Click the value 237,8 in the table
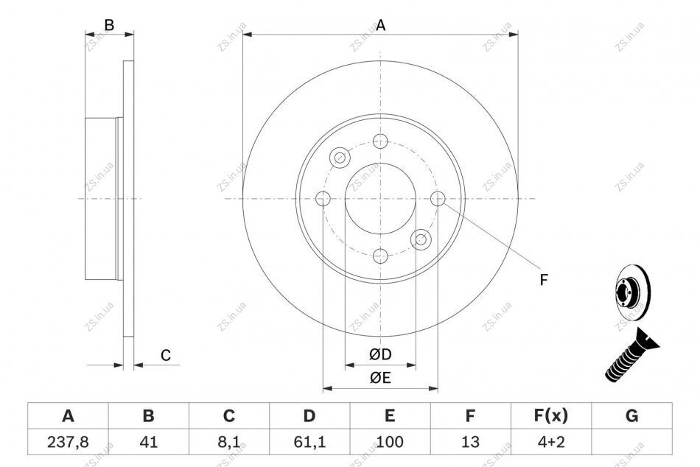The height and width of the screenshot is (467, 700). pyautogui.click(x=68, y=442)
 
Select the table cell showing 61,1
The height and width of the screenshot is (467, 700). pyautogui.click(x=309, y=442)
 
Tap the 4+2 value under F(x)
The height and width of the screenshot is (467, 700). pyautogui.click(x=551, y=442)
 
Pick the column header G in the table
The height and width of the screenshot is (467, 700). pyautogui.click(x=631, y=415)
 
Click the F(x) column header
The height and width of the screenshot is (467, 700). pyautogui.click(x=551, y=415)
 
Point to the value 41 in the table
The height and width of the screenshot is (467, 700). pyautogui.click(x=148, y=442)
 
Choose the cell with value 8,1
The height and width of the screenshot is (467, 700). pyautogui.click(x=228, y=442)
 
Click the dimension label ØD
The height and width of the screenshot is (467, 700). pyautogui.click(x=380, y=354)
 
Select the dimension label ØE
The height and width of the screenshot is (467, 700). pyautogui.click(x=380, y=378)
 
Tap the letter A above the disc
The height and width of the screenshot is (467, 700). pyautogui.click(x=380, y=26)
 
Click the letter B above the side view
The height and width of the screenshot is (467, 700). pyautogui.click(x=109, y=26)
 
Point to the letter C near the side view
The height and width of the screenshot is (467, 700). pyautogui.click(x=166, y=355)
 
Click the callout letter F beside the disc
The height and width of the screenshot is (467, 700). pyautogui.click(x=543, y=280)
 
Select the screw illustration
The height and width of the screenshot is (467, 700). pyautogui.click(x=632, y=355)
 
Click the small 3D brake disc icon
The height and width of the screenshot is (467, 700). pyautogui.click(x=632, y=293)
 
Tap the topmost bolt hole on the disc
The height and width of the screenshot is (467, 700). pyautogui.click(x=380, y=141)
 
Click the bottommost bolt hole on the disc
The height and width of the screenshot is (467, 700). pyautogui.click(x=380, y=256)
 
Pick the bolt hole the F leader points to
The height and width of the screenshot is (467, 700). pyautogui.click(x=438, y=198)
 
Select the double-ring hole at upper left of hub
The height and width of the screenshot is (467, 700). pyautogui.click(x=340, y=158)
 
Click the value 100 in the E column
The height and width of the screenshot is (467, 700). pyautogui.click(x=390, y=442)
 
